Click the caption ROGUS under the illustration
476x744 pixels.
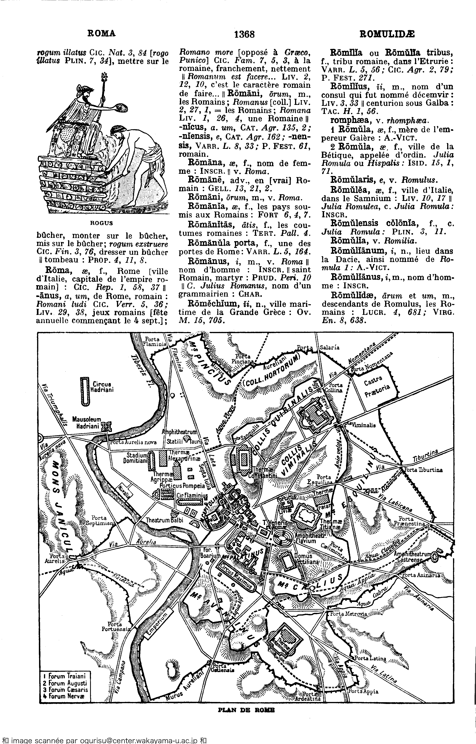[101, 223]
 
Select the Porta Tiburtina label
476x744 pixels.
[423, 470]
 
